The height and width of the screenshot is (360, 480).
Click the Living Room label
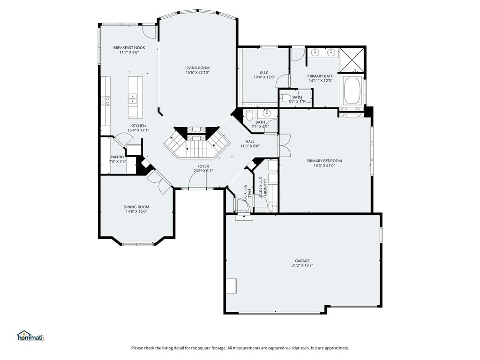click(x=197, y=68)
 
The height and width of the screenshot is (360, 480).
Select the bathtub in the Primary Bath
click(x=352, y=91)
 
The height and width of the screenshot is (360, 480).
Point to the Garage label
click(x=302, y=261)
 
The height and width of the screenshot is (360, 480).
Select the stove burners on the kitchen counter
click(x=106, y=101)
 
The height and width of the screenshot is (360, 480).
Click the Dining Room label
click(x=136, y=207)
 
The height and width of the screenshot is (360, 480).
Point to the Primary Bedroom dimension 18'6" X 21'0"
click(x=324, y=165)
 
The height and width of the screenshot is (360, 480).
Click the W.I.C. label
click(x=264, y=73)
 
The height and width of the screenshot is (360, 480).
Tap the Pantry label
click(x=117, y=157)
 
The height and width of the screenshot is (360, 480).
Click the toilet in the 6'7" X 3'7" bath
click(x=285, y=98)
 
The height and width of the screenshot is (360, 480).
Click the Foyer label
click(x=203, y=166)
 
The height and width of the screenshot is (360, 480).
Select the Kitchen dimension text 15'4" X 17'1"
click(x=138, y=130)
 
